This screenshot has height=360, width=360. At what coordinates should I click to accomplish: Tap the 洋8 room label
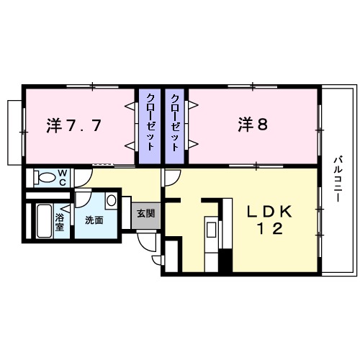coord(253,125)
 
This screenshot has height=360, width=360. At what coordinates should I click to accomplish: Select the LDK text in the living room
coord(270,212)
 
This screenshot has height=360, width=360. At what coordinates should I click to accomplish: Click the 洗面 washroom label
coord(94,220)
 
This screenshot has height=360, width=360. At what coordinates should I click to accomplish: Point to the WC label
coord(62,177)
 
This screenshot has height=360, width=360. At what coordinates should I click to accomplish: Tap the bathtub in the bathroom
coord(42,224)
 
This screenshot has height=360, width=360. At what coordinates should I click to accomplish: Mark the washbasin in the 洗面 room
coord(111,200)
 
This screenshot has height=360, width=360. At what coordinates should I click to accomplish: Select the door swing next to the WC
coord(82,176)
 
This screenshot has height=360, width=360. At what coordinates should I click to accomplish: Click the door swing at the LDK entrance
coord(169,177)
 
